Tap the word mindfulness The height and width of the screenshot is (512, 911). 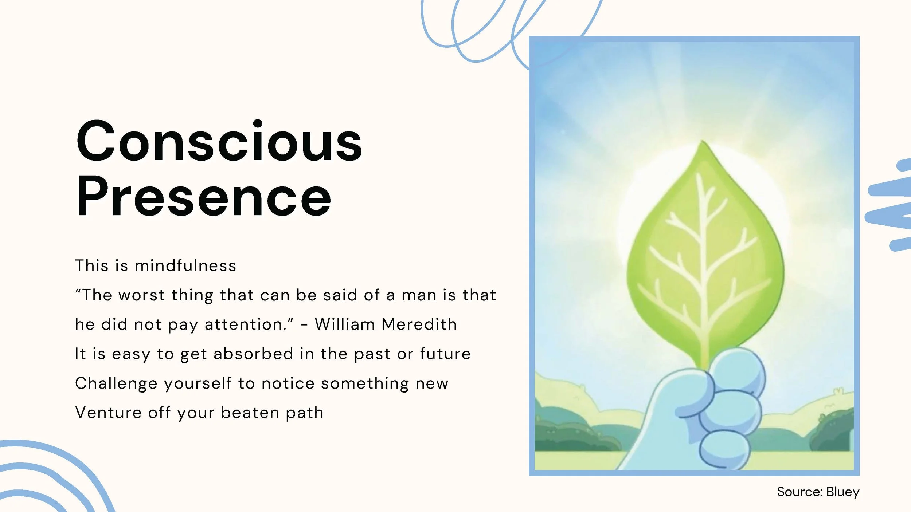point(185,266)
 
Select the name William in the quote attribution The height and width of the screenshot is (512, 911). point(345,324)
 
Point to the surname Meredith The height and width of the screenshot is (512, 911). point(419,324)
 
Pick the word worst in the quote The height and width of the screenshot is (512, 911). point(142,295)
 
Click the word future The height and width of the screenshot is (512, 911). point(445,354)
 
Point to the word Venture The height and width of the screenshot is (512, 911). point(108,413)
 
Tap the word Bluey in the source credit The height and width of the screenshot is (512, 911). point(842,492)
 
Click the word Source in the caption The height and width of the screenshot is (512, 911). point(799,492)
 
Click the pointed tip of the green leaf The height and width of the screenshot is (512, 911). point(703,143)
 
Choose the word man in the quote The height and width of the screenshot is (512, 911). point(419,295)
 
